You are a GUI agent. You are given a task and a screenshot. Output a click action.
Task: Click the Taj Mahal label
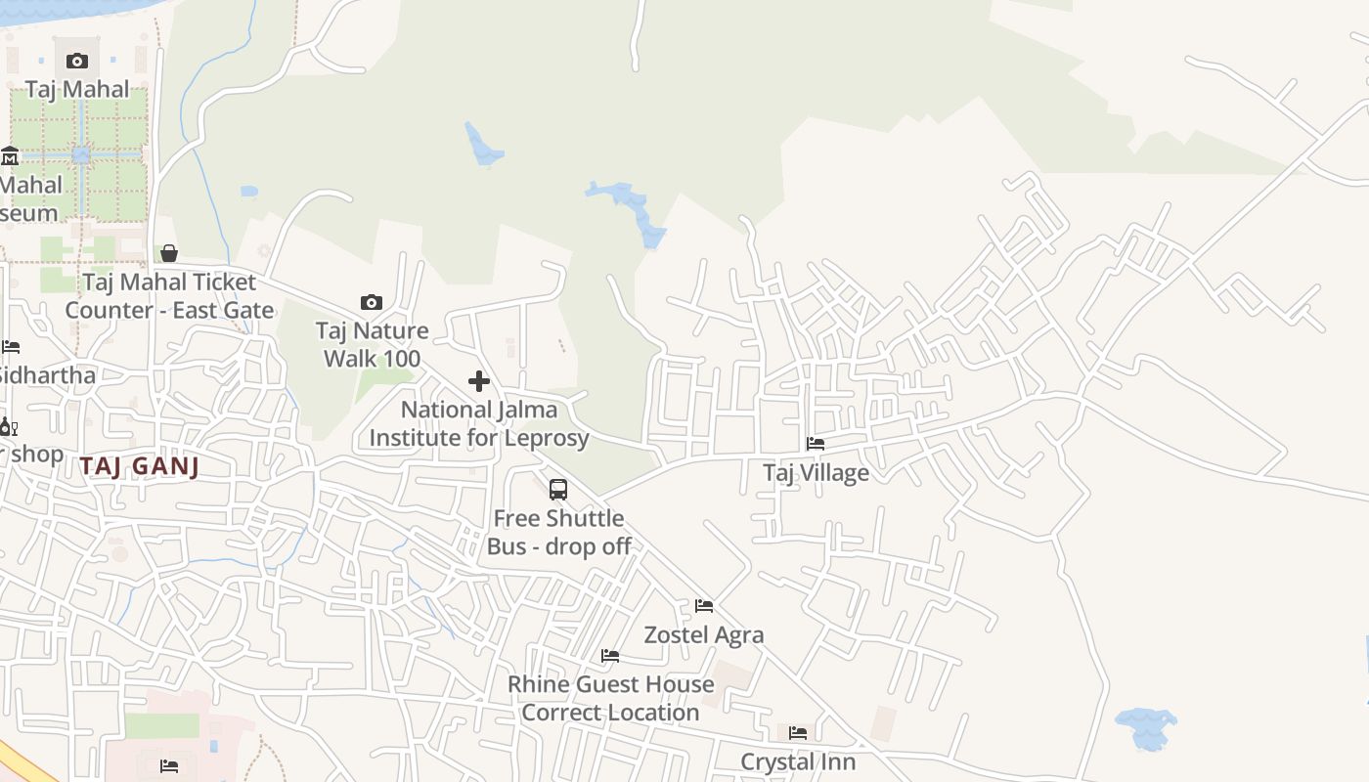tap(77, 89)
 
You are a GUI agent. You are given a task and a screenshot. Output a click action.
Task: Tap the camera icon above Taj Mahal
tap(77, 61)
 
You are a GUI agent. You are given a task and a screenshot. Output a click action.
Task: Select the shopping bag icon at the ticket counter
tap(169, 254)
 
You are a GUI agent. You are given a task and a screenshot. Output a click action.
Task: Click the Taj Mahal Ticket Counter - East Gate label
tap(169, 296)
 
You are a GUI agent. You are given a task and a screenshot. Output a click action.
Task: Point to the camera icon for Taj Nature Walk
tap(372, 302)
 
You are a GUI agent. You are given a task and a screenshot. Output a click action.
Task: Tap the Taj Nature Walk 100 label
tap(372, 344)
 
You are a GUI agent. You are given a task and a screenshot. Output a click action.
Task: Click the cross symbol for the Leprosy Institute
tap(479, 381)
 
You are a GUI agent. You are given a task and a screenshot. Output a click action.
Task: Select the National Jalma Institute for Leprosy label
tap(479, 423)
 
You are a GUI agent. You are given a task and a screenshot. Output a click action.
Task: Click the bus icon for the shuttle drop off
tap(558, 490)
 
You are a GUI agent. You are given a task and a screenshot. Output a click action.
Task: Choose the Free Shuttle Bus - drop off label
tap(558, 532)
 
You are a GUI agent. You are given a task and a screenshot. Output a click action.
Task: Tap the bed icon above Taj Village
tap(816, 444)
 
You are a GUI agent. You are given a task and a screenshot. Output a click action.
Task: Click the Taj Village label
tap(816, 473)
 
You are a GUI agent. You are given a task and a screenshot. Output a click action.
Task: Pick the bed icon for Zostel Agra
tap(704, 606)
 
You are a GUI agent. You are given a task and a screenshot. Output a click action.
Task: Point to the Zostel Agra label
tap(704, 635)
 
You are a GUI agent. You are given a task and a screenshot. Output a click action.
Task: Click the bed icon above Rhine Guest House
tap(610, 656)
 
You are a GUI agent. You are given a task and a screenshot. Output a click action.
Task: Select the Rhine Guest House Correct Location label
tap(610, 698)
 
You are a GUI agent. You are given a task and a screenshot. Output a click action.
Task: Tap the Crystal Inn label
tap(798, 761)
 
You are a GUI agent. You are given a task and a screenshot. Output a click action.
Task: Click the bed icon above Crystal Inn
tap(798, 733)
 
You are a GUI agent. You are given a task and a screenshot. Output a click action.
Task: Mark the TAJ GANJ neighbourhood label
tap(140, 466)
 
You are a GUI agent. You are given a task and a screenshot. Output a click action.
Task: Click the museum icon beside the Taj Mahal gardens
tap(10, 155)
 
